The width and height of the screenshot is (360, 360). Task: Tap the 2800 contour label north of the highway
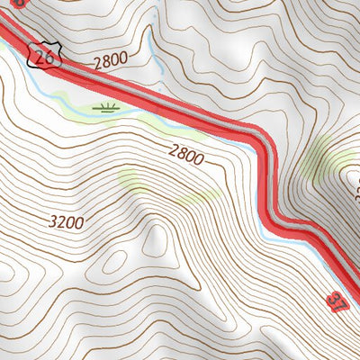(111, 61)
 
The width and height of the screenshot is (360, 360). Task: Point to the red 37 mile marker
(337, 300)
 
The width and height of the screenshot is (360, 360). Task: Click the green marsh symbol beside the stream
(109, 109)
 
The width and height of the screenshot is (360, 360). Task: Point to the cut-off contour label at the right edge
(355, 189)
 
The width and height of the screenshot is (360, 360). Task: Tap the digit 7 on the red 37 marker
(340, 304)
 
